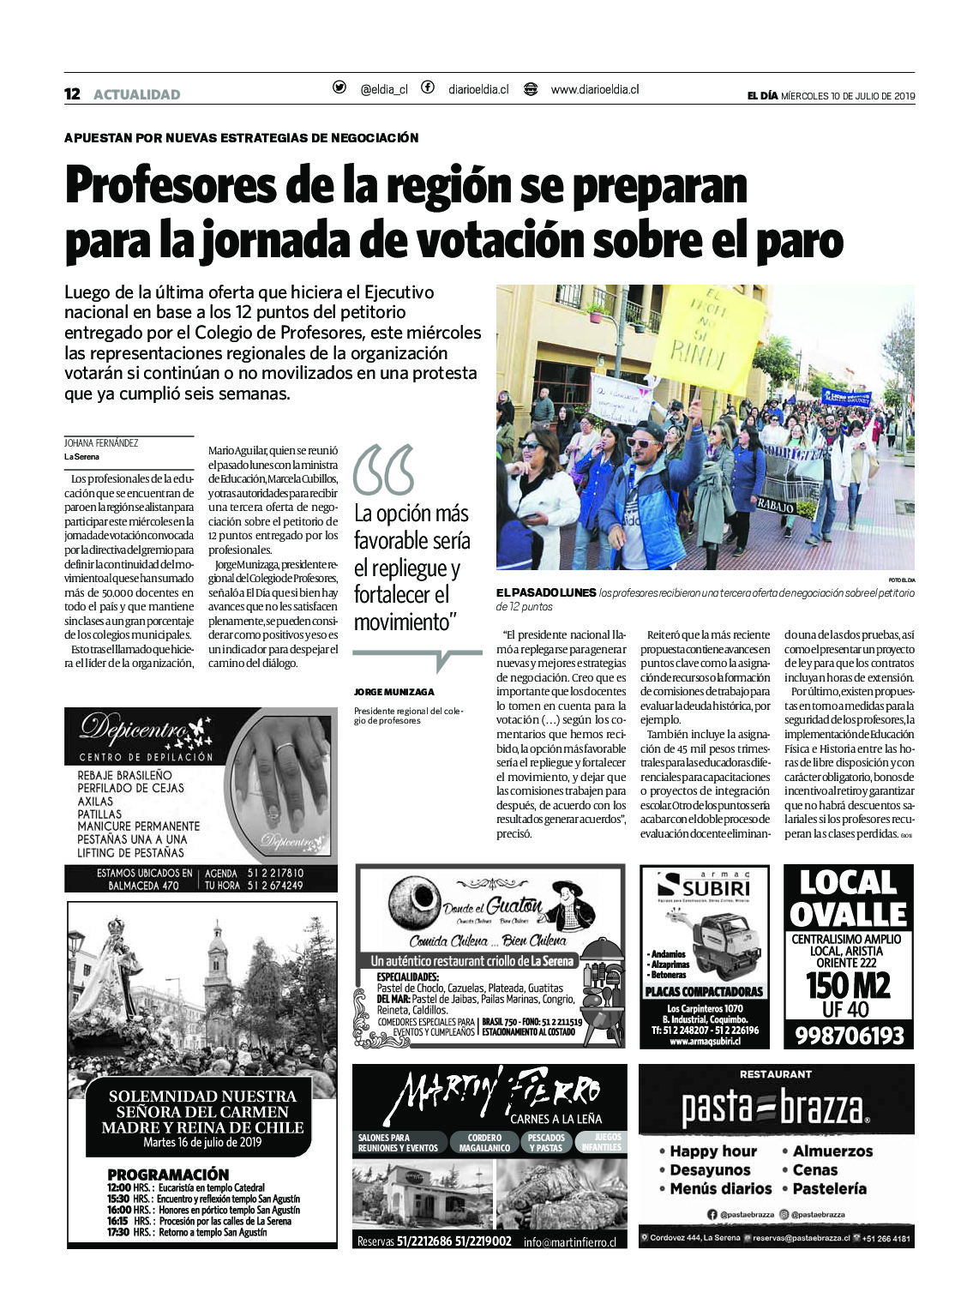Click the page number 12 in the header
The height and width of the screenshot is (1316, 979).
(72, 94)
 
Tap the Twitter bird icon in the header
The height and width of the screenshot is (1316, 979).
(339, 87)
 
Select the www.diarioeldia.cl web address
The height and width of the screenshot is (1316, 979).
(594, 89)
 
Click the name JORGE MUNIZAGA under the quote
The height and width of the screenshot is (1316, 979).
(393, 692)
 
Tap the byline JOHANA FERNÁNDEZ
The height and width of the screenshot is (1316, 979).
(101, 443)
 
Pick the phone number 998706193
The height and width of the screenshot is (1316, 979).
(849, 1036)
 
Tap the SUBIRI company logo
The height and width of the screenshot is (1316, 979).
(704, 886)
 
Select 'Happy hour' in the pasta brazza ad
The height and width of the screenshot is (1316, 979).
(712, 1151)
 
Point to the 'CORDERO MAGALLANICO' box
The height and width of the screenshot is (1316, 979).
(484, 1143)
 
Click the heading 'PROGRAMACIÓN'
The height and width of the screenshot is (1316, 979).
(168, 1175)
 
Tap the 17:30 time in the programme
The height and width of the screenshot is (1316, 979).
(118, 1233)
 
